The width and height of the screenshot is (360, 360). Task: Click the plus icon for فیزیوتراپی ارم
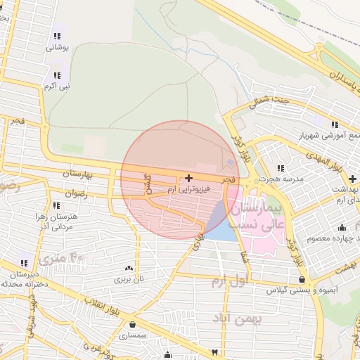[188, 178]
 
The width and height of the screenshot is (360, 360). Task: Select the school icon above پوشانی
[57, 36]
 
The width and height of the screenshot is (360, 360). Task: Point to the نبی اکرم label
[56, 86]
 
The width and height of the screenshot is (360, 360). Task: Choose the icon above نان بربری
[128, 268]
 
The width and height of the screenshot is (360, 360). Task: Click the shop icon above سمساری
[133, 324]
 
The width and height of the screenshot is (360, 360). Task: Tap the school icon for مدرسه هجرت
[282, 168]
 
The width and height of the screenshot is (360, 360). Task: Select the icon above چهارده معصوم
[342, 227]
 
